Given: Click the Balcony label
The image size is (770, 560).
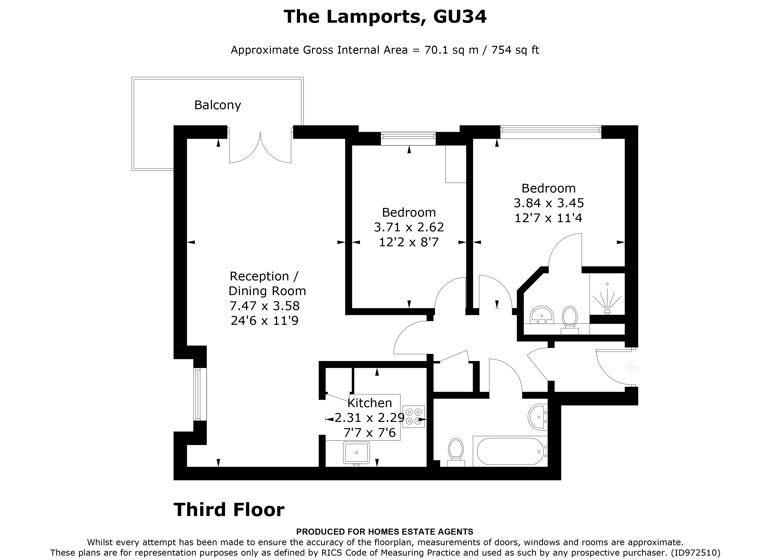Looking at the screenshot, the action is pyautogui.click(x=218, y=105).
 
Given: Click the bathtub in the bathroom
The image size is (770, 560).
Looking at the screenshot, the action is pyautogui.click(x=510, y=451).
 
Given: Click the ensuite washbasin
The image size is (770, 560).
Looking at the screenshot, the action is pyautogui.click(x=542, y=315).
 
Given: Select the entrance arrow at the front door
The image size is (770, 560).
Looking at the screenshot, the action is pyautogui.click(x=632, y=367).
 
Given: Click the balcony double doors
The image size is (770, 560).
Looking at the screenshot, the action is pyautogui.click(x=260, y=147).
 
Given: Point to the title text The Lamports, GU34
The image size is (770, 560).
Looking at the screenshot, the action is pyautogui.click(x=385, y=17).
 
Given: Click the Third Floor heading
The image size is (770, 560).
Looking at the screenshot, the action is pyautogui.click(x=229, y=510).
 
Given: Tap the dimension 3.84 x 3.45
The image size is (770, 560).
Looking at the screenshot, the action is pyautogui.click(x=549, y=203).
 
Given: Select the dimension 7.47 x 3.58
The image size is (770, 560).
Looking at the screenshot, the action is pyautogui.click(x=265, y=306).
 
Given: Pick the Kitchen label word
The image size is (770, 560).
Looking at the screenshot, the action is pyautogui.click(x=370, y=403).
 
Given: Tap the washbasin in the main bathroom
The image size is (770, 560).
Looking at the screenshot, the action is pyautogui.click(x=538, y=417).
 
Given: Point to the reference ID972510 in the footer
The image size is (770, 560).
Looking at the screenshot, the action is pyautogui.click(x=695, y=553).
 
